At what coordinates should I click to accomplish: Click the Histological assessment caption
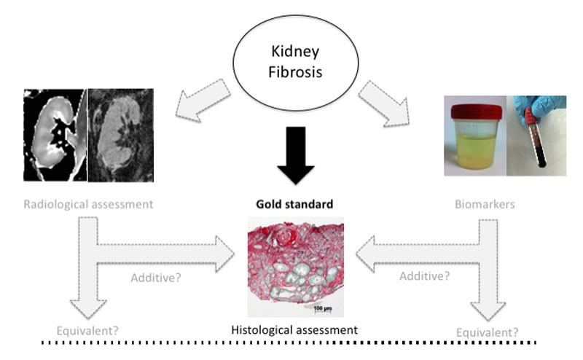click(294, 329)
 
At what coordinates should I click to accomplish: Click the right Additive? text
click(425, 275)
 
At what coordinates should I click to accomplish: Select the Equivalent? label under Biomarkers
click(488, 332)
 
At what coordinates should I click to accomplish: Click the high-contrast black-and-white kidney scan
click(55, 135)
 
